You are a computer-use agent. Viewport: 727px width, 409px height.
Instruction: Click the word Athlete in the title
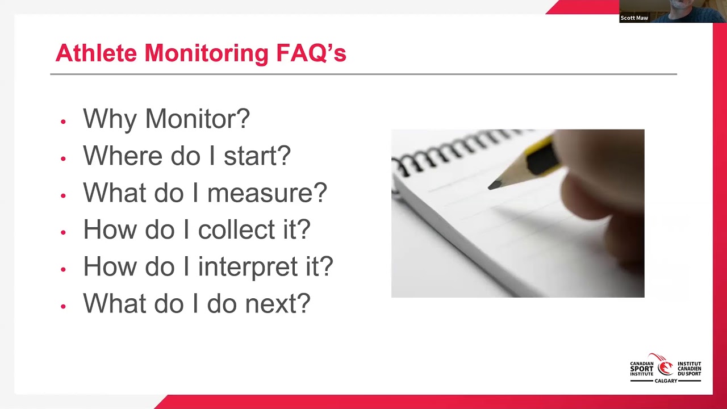coord(96,53)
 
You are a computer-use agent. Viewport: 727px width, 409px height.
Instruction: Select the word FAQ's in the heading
coord(311,53)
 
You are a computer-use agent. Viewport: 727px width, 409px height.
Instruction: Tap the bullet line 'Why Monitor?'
coord(166,119)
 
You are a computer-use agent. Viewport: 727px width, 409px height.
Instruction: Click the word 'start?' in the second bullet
coord(257,156)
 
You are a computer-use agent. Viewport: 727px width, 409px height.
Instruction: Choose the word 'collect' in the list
coord(236,229)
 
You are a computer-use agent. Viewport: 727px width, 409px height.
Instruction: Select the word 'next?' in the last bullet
coord(278,303)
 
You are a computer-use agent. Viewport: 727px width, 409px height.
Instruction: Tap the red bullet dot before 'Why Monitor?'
coord(63,122)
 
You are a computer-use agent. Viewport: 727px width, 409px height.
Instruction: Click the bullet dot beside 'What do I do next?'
coord(63,306)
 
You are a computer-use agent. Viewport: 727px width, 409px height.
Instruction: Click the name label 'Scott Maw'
coord(634,18)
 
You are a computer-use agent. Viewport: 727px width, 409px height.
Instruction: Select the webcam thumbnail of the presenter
coord(673,11)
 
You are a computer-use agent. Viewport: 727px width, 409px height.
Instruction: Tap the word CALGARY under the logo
coord(666,381)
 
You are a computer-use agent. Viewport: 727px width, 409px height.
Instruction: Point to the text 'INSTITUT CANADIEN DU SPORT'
coord(689,369)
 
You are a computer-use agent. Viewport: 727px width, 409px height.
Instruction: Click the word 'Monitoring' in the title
coord(206,53)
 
